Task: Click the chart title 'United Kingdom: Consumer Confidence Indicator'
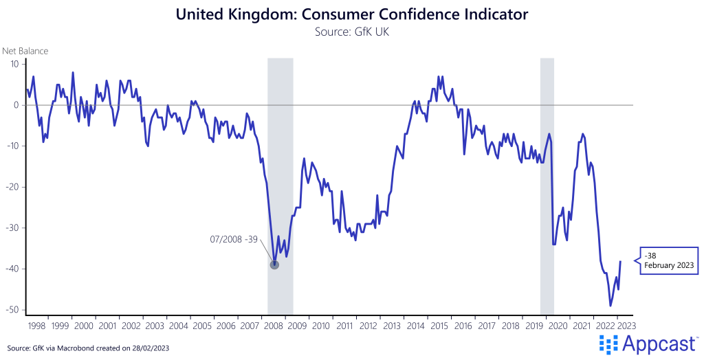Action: (x=351, y=14)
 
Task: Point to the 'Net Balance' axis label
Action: (x=25, y=51)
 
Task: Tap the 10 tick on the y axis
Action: (x=12, y=64)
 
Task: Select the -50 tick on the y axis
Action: (x=11, y=310)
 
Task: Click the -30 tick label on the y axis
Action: (x=11, y=228)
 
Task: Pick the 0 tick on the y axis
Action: (x=15, y=105)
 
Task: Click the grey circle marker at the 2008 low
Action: (x=274, y=265)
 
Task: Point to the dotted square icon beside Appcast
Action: (x=609, y=344)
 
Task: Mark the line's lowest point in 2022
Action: (x=610, y=306)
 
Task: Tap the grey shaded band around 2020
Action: (x=547, y=185)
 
